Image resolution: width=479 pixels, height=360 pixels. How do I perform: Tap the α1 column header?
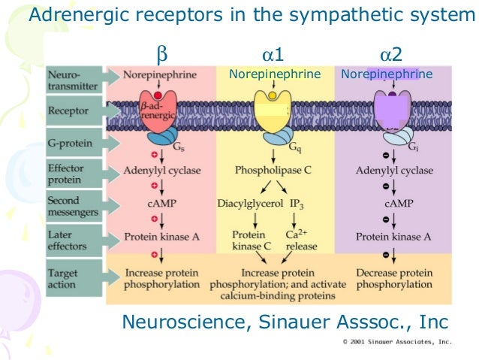click(x=273, y=55)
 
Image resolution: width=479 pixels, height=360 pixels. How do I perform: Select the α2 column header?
click(x=390, y=55)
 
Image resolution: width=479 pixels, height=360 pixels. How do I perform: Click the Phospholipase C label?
click(x=273, y=171)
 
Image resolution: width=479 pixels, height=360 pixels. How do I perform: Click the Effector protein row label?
click(x=68, y=175)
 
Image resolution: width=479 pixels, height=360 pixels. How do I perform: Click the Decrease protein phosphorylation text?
click(x=393, y=278)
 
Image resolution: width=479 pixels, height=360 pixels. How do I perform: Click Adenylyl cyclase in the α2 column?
click(x=394, y=171)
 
